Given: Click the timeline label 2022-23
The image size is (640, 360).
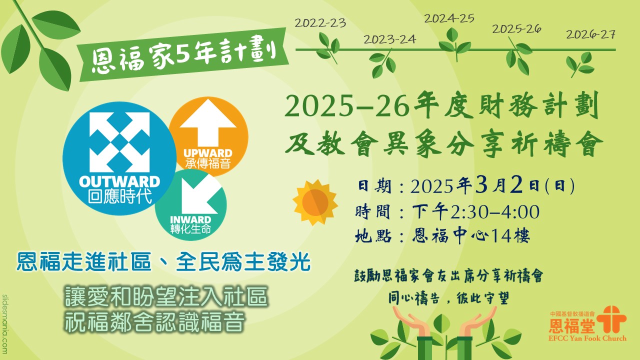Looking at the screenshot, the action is [x=320, y=23].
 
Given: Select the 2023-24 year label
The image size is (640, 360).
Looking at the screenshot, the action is [x=389, y=39].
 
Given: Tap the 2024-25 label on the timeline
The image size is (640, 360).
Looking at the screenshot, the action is [x=449, y=18].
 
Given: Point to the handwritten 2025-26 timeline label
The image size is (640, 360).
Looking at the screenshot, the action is [x=516, y=29].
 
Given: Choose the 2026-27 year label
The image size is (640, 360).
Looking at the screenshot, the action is [x=590, y=34].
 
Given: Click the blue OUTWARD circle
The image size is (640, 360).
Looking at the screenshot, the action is [x=119, y=158].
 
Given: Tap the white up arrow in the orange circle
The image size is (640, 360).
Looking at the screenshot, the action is [x=208, y=122].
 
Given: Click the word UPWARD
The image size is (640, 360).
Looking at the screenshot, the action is [x=208, y=153].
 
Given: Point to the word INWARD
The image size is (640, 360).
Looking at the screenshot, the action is [x=190, y=219].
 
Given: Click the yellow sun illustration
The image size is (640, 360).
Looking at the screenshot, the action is [x=315, y=202].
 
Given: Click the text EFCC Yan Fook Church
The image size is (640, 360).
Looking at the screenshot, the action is [x=587, y=338].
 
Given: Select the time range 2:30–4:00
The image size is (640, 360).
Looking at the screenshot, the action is [x=495, y=211].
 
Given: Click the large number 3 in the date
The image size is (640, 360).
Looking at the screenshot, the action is [x=481, y=185].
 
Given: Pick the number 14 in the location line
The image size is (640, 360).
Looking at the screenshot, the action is [x=501, y=236].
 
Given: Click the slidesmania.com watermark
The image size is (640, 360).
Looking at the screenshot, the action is [x=5, y=324].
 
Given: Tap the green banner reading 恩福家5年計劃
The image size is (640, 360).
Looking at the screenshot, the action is [x=183, y=54].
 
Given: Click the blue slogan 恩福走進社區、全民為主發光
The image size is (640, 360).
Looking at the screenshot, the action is [x=163, y=261].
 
